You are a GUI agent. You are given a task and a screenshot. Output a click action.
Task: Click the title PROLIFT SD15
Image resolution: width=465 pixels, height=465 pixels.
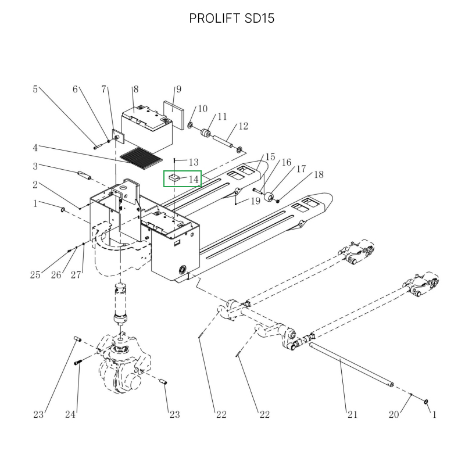(231, 19)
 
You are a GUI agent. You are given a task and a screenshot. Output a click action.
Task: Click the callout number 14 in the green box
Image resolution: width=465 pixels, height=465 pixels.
(194, 179)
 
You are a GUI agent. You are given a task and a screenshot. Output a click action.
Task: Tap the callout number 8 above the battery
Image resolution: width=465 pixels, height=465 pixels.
(136, 89)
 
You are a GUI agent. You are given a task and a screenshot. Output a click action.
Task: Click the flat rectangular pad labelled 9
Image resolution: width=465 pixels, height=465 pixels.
(173, 115)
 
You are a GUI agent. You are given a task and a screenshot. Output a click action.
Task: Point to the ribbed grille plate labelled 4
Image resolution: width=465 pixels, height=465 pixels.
(141, 158)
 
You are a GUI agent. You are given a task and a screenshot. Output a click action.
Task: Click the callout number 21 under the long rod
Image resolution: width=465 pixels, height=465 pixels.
(352, 414)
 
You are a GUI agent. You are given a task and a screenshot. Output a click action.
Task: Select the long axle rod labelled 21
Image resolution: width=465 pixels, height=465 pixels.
(352, 364)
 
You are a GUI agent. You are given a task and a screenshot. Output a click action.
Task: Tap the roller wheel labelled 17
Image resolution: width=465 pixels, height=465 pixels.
(269, 197)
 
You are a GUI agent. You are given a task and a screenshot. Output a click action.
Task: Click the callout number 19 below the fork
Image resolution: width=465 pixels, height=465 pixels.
(256, 201)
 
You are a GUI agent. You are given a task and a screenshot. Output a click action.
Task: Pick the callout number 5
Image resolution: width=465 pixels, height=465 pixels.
(35, 89)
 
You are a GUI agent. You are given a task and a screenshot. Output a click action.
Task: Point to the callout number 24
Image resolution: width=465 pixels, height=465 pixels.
(70, 414)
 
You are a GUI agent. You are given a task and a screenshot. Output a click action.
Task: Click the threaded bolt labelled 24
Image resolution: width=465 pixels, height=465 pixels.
(77, 362)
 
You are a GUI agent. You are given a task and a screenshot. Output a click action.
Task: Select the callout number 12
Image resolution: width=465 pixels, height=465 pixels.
(243, 126)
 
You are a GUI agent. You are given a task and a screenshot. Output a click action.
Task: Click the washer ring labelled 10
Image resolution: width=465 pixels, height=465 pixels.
(190, 125)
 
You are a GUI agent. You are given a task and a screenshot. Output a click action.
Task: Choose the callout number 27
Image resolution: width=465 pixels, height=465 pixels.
(76, 275)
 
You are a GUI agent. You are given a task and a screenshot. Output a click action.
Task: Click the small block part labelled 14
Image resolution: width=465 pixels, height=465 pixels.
(174, 178)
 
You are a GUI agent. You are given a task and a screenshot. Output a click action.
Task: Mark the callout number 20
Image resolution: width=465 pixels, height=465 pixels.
(394, 414)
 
